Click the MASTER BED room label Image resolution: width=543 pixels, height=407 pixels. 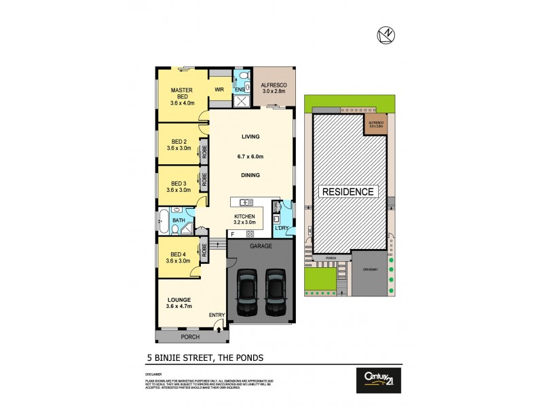coord(181,97)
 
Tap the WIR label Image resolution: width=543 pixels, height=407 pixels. coord(219,90)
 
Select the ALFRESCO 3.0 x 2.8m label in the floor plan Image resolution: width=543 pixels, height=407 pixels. coord(274,88)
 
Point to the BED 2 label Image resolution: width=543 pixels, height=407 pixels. coord(179,146)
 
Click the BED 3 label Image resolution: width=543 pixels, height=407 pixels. coord(179,187)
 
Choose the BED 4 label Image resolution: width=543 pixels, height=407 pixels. coord(179,258)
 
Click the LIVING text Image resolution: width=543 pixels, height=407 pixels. coord(251,136)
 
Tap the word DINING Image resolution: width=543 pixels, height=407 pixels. coord(251,175)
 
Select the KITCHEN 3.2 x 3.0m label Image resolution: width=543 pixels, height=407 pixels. coord(245,218)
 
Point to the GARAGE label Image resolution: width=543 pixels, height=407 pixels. coord(261,246)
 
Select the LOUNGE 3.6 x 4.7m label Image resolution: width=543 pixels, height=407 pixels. coord(180,303)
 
